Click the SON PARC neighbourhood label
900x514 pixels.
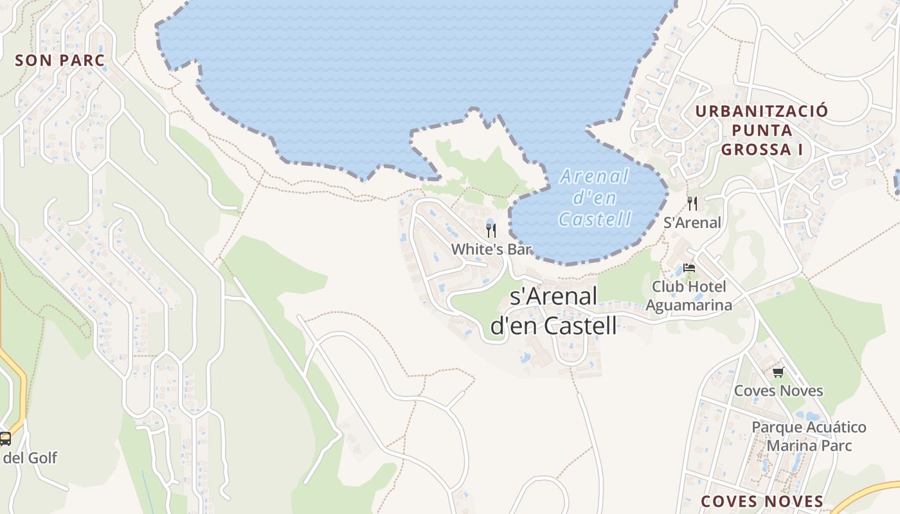click(59, 60)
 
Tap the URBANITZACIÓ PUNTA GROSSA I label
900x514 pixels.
click(761, 130)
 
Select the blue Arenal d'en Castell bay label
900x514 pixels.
click(594, 197)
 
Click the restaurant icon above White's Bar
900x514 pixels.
click(491, 231)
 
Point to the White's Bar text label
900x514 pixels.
click(492, 249)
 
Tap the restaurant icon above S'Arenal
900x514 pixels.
click(692, 204)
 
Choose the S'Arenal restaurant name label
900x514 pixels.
click(692, 223)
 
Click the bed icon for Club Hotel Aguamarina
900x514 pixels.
click(689, 267)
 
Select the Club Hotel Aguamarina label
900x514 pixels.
click(688, 296)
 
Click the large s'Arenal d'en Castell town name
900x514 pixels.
click(553, 311)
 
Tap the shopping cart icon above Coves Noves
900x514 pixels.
click(779, 372)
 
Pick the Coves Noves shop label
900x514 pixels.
click(779, 391)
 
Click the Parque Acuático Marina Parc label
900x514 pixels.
click(809, 436)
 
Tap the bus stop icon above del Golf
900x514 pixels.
click(5, 439)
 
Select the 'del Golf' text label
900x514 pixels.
click(30, 458)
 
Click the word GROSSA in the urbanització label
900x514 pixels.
click(756, 150)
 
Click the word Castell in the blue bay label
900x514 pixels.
click(595, 219)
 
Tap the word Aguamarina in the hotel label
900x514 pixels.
click(688, 305)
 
